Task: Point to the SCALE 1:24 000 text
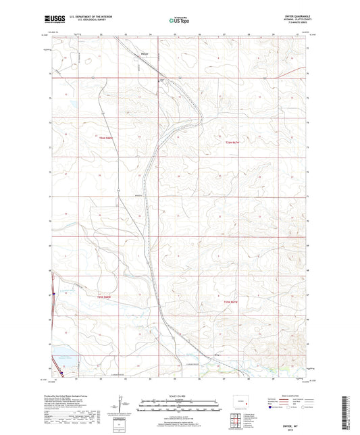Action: click(180, 394)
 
